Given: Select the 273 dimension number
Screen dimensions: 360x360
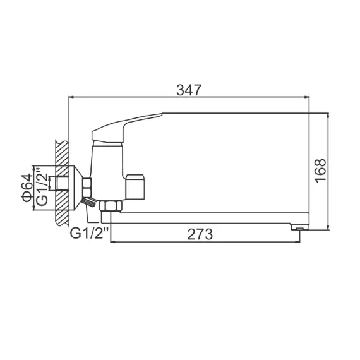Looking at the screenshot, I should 200,234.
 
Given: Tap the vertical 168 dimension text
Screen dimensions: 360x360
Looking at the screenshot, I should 320,171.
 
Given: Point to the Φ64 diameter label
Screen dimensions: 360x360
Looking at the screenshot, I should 26,188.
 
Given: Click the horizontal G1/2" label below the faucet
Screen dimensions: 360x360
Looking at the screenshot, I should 90,233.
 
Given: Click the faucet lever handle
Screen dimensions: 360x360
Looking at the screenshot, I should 126,126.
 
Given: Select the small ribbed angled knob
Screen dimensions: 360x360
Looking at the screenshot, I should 90,202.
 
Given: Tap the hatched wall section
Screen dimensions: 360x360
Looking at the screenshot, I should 61,183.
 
